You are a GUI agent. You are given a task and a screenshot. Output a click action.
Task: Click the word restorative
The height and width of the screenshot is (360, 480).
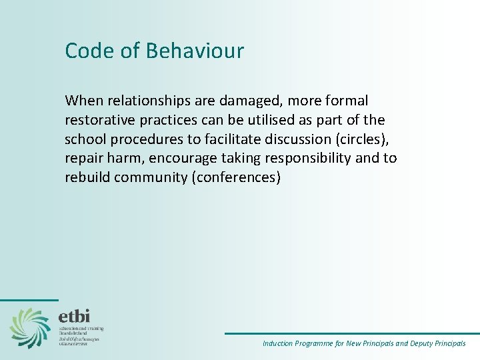click(98, 120)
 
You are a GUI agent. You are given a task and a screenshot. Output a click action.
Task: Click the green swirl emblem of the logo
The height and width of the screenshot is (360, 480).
click(29, 327)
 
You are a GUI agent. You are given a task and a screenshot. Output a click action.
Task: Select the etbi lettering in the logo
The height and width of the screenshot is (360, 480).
click(74, 316)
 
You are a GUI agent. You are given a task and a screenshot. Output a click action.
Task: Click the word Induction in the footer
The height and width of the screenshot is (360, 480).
click(277, 344)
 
